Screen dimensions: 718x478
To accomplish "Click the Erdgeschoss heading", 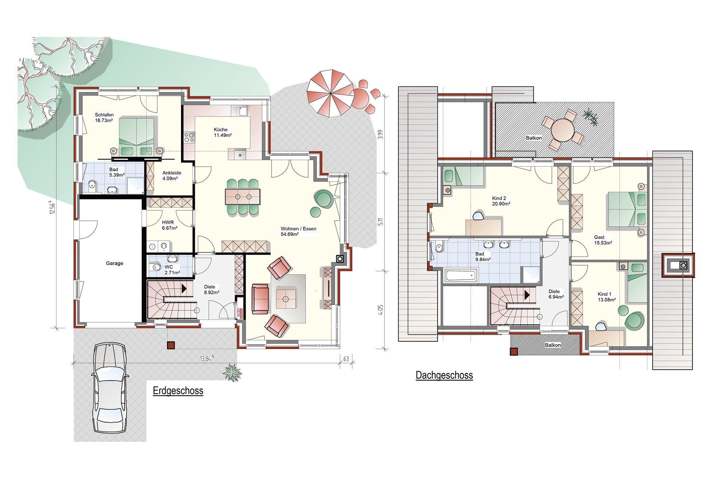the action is click(178, 391).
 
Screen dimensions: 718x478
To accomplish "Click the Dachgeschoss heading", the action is click(444, 375).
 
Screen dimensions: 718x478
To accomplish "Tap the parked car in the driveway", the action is click(109, 388).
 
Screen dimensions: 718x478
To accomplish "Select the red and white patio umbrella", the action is click(330, 93).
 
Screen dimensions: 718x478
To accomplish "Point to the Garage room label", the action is click(114, 263).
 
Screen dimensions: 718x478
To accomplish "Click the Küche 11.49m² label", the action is click(223, 132).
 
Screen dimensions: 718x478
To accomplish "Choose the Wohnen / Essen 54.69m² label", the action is click(298, 231).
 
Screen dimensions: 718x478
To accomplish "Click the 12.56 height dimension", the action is click(52, 207).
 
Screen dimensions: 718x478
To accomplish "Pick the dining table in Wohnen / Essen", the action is click(242, 196).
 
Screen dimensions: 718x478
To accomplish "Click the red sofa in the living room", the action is click(260, 298).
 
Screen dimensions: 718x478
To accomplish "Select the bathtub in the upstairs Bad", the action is click(461, 276).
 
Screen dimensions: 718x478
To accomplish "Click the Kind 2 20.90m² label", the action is click(501, 201).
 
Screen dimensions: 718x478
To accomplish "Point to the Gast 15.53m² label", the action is click(603, 240).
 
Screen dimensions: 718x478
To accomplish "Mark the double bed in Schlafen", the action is click(136, 136).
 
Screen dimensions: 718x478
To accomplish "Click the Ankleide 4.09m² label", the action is click(172, 176).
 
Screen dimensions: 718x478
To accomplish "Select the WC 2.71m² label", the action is click(172, 270).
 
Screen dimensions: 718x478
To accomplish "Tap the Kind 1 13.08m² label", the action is click(607, 297).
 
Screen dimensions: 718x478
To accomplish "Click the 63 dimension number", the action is click(346, 359).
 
